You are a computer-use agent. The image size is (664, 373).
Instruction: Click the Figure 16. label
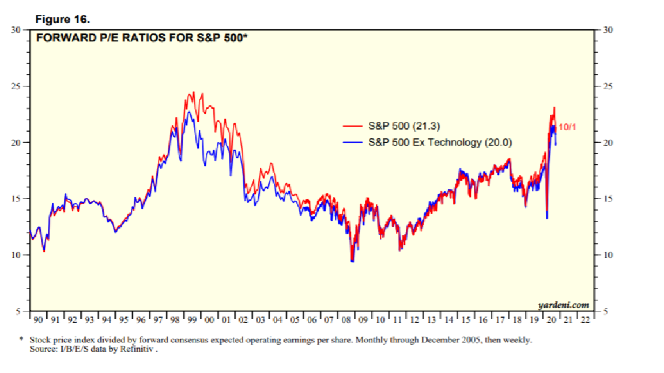63,20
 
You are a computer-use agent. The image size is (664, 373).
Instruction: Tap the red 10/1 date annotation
567,126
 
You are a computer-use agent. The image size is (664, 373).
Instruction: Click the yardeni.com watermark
563,305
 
